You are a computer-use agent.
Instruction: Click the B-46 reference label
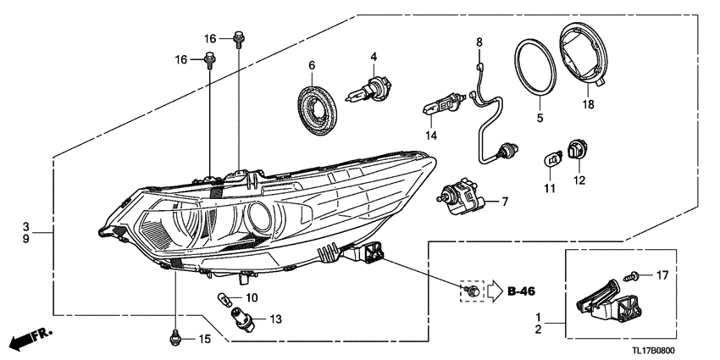[x=522, y=291]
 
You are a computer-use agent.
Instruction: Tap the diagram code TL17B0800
[x=653, y=352]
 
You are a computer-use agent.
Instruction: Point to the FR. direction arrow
[x=31, y=339]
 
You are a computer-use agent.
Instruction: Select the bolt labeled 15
[x=174, y=338]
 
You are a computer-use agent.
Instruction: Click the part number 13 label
[x=275, y=319]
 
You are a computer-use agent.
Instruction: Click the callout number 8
[x=479, y=42]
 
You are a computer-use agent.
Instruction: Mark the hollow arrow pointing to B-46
[x=495, y=291]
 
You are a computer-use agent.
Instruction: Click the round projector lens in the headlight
[x=259, y=217]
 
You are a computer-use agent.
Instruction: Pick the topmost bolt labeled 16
[x=239, y=39]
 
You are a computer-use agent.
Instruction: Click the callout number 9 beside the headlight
[x=26, y=239]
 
